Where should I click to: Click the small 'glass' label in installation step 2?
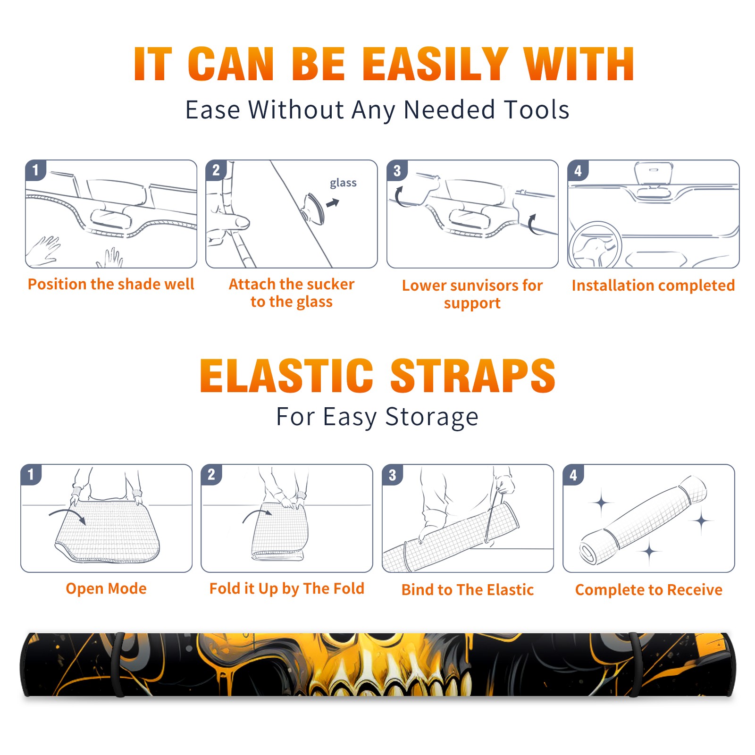point(343,183)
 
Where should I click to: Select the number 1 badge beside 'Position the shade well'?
point(35,170)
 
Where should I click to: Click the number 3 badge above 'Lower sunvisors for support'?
point(397,170)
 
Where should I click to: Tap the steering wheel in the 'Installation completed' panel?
point(596,245)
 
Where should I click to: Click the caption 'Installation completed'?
point(653,285)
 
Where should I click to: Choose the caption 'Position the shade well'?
point(111,284)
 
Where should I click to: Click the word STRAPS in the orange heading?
point(473,376)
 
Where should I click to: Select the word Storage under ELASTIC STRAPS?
point(432,417)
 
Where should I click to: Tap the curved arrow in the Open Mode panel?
point(68,515)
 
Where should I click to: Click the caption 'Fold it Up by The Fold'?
point(287,589)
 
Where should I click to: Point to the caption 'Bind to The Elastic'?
point(468,590)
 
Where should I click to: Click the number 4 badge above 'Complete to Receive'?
point(573,475)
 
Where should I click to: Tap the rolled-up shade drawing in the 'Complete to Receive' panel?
point(643,520)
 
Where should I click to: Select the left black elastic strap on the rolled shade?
point(119,664)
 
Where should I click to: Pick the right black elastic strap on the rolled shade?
point(635,664)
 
